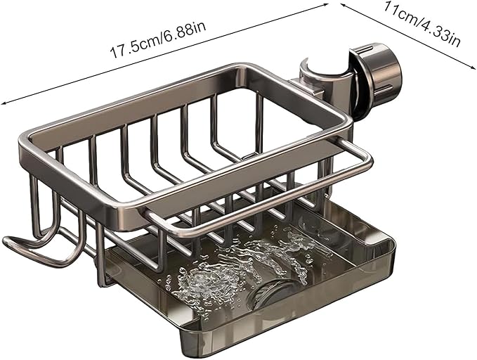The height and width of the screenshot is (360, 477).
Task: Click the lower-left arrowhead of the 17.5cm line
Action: (x=4, y=103)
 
